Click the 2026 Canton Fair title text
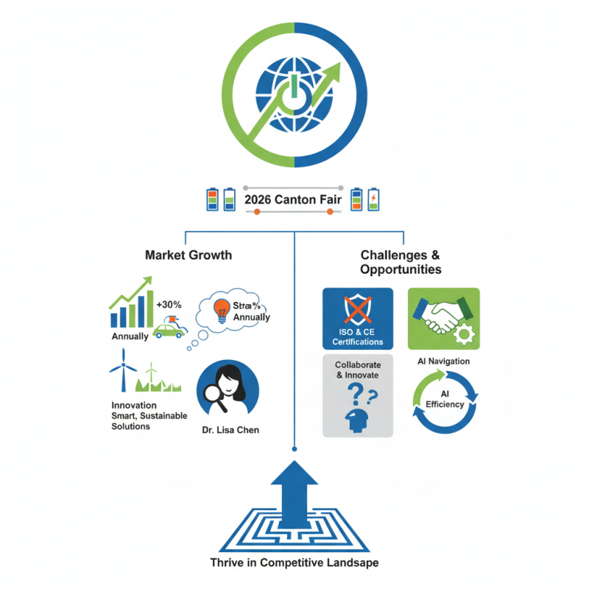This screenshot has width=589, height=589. (x=294, y=200)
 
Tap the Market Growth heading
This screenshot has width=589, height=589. (x=188, y=255)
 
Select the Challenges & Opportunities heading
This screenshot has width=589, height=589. (x=401, y=262)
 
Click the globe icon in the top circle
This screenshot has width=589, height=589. (x=294, y=96)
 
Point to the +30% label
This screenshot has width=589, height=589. (x=168, y=304)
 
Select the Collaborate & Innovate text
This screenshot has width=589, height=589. (x=357, y=370)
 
